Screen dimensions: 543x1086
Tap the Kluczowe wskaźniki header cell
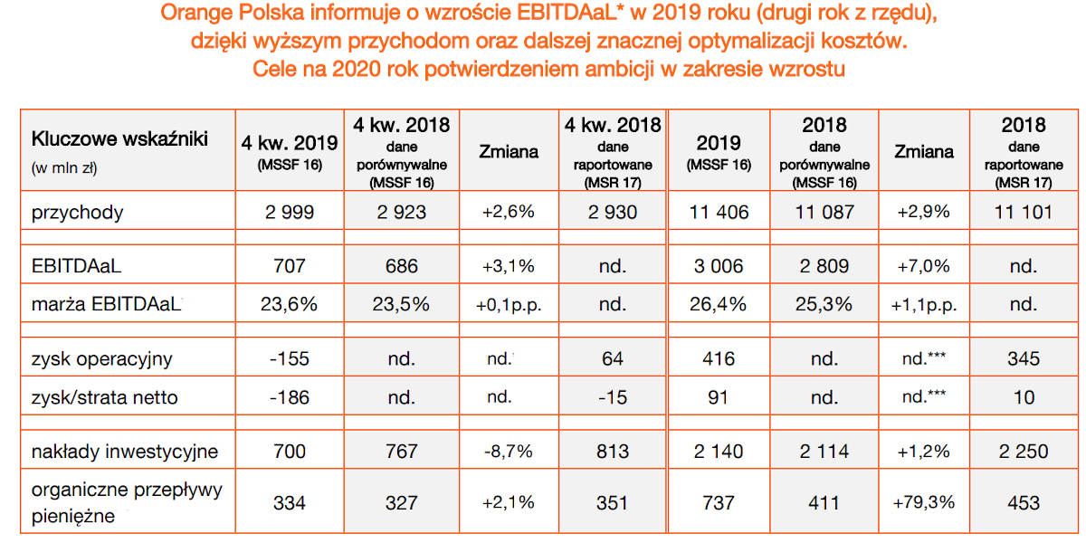[x=119, y=138]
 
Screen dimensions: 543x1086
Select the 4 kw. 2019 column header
[x=289, y=143]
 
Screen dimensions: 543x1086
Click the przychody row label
[x=78, y=213]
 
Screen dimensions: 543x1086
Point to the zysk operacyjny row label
[x=101, y=358]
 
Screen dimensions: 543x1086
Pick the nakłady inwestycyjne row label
[x=125, y=451]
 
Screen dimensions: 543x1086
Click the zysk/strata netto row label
[x=105, y=396]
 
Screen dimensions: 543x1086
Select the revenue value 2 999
[x=289, y=213]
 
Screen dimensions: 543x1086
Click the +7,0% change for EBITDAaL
[x=923, y=266]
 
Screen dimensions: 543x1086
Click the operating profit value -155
[x=289, y=358]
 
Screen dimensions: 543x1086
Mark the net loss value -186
[x=289, y=396]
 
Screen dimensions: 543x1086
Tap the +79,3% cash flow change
[x=923, y=502]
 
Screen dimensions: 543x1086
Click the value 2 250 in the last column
[x=1024, y=451]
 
